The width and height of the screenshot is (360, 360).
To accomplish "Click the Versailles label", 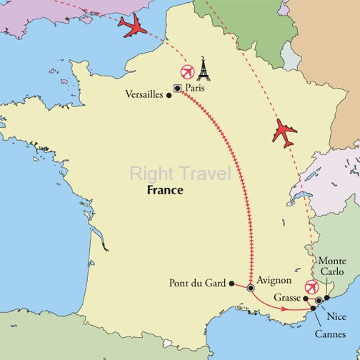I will click(144, 94).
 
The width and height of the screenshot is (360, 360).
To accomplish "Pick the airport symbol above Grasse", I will click(311, 287).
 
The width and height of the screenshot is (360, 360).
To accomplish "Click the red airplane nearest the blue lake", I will click(283, 134).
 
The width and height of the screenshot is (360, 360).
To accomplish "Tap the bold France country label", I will click(165, 191).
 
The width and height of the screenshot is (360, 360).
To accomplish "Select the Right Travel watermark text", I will click(180, 173).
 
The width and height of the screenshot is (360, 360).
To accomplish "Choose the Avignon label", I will click(276, 280).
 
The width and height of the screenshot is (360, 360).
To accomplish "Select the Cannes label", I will click(325, 334).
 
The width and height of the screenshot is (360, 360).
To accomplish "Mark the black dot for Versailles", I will click(169, 94).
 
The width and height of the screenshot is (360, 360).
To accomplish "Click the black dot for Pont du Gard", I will click(231, 284).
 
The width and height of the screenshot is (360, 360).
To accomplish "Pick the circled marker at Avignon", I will click(251, 288).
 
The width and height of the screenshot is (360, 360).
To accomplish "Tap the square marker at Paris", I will click(176, 88).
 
